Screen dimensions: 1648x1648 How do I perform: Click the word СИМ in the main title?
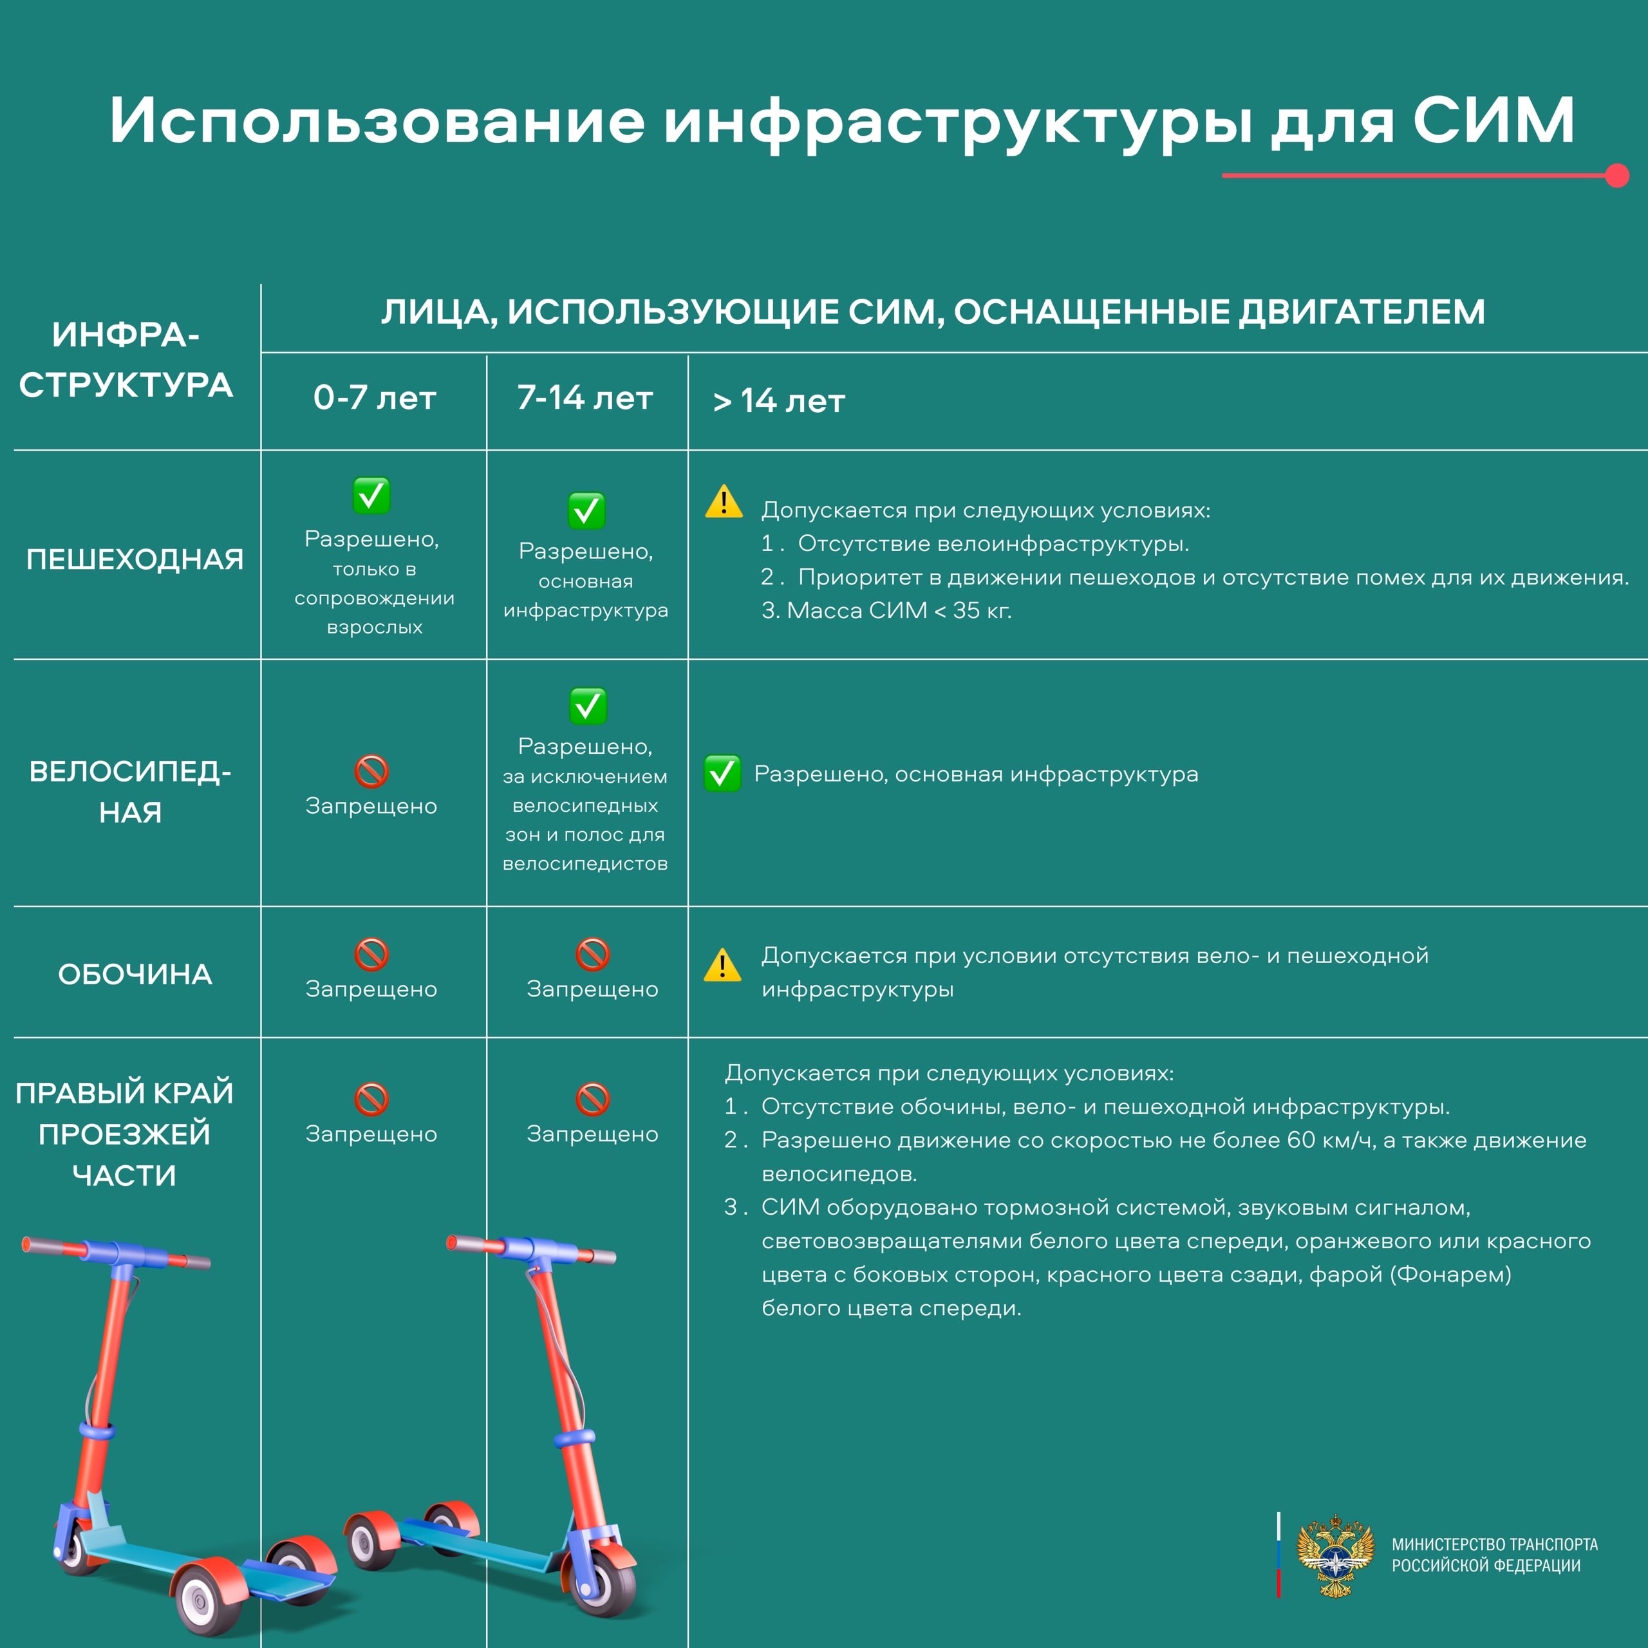(x=1493, y=120)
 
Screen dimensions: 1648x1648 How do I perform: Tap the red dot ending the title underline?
(x=1616, y=176)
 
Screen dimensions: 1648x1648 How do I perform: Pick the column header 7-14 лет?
(x=585, y=397)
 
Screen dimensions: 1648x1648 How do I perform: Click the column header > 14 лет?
(x=779, y=401)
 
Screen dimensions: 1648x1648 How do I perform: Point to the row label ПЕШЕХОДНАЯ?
(x=135, y=559)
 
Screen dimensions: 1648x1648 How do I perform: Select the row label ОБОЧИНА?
(x=135, y=973)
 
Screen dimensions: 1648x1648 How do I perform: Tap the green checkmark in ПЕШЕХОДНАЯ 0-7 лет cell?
(x=371, y=495)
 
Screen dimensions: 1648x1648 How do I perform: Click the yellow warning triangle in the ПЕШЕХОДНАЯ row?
(x=724, y=501)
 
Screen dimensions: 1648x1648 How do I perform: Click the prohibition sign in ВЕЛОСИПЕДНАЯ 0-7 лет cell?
(x=371, y=771)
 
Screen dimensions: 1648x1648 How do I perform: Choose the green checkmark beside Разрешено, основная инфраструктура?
(x=722, y=772)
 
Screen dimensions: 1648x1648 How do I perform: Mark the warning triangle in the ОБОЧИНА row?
(x=722, y=965)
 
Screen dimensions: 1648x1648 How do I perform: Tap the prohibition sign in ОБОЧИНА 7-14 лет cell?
(x=592, y=955)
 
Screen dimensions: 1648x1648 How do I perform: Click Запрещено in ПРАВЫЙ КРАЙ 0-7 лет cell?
(x=371, y=1134)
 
